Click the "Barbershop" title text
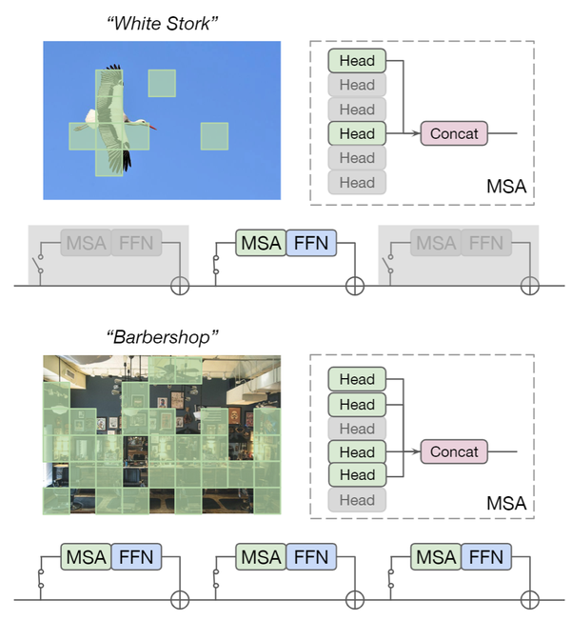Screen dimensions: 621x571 162,335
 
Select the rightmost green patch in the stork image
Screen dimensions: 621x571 214,136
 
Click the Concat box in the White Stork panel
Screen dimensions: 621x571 454,133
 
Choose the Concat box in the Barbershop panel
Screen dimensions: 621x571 454,451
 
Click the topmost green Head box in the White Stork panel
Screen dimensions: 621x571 357,61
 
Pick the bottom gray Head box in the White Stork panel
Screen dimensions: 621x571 357,182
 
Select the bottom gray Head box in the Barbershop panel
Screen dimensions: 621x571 357,499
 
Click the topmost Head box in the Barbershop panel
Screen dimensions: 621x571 357,379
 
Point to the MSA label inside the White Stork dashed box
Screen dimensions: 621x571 505,185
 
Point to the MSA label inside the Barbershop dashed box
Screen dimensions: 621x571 505,502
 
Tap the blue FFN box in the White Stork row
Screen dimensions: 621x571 309,243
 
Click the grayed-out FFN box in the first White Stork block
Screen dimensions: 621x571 136,243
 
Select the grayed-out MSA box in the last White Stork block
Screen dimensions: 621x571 436,243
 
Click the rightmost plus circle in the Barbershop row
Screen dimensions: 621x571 530,600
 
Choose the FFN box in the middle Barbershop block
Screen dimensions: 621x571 309,556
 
